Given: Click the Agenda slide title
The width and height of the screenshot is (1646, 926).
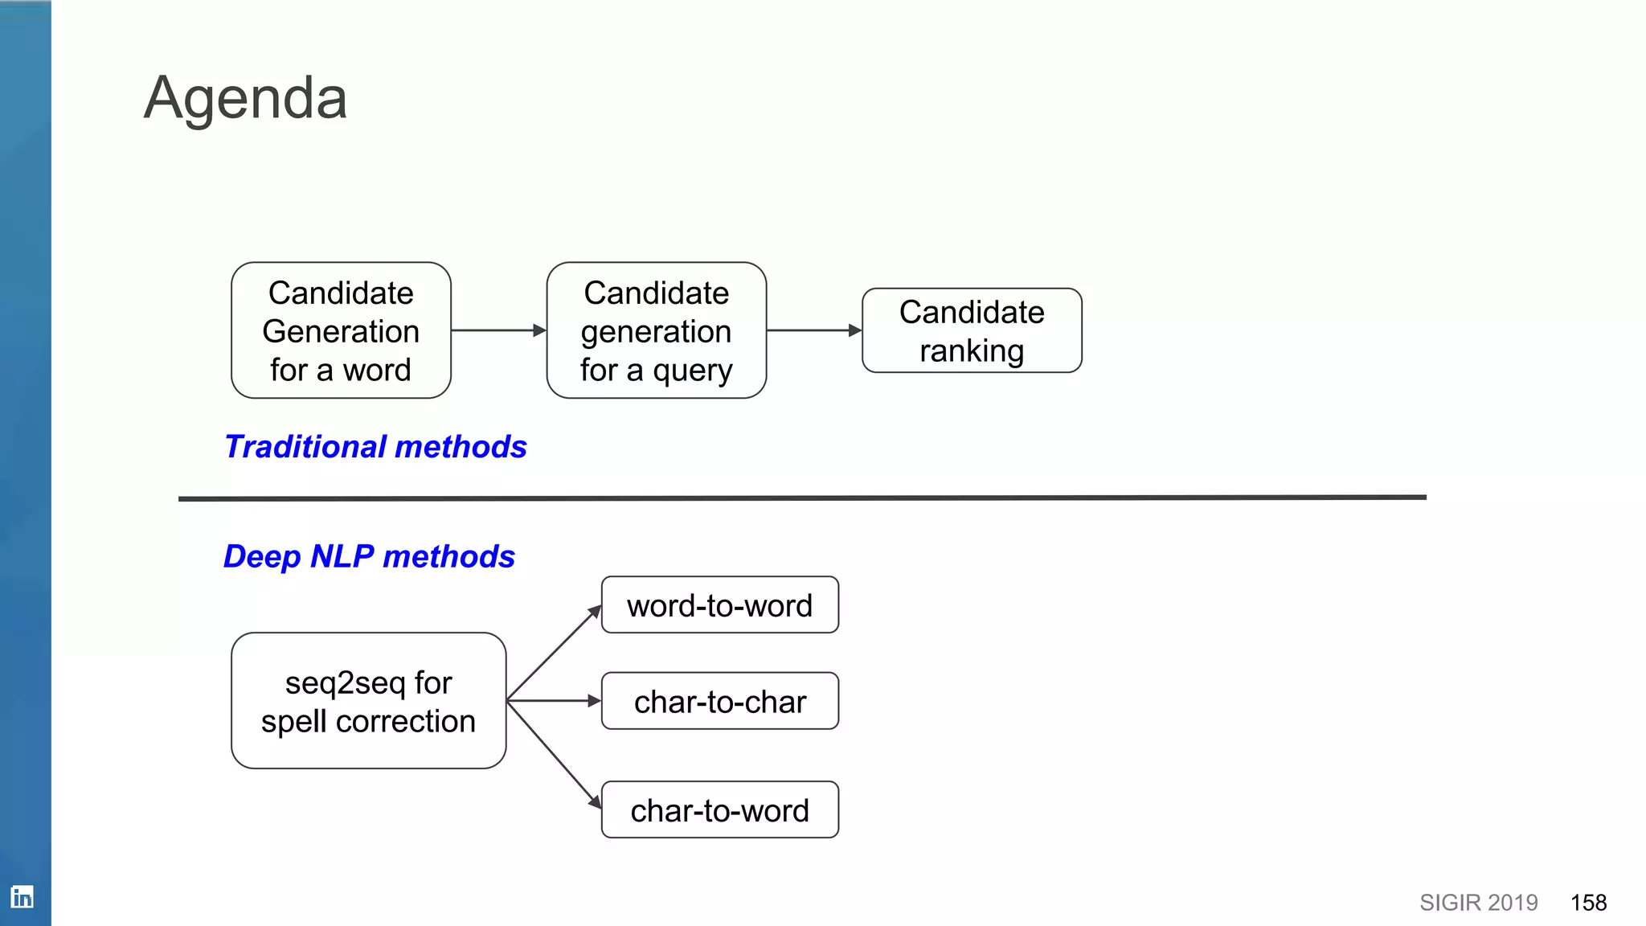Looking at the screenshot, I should (245, 98).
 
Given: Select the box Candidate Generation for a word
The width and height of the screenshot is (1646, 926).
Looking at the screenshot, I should (341, 330).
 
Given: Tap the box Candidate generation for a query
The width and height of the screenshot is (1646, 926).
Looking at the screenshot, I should (656, 330).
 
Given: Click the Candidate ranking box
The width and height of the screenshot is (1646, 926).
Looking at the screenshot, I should (972, 330).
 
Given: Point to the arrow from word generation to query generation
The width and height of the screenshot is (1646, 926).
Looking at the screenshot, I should (497, 330).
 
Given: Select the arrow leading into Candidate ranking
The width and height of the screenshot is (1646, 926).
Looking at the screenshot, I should (813, 330).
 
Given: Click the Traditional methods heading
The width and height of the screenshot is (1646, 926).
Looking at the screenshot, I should (375, 447).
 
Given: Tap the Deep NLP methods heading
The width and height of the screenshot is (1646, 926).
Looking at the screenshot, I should (369, 556).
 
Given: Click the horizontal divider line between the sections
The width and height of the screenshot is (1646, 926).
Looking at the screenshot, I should (802, 498).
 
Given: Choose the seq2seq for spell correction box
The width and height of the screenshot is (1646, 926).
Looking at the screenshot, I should (368, 701).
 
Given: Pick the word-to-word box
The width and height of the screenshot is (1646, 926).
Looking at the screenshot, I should (719, 605).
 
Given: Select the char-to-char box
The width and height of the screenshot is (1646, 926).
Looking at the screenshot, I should (719, 702).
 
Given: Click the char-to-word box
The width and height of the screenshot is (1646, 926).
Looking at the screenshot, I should (719, 810).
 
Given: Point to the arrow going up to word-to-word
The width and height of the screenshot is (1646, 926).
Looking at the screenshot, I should (555, 652).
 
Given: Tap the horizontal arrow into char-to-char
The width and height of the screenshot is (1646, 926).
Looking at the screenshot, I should (555, 701).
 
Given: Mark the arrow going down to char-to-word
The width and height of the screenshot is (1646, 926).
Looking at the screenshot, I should (555, 754).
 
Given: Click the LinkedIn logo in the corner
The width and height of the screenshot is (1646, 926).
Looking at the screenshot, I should (22, 896).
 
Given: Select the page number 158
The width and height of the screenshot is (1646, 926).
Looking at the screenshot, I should (1588, 903).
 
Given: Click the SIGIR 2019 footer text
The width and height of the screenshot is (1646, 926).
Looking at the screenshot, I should (1478, 903).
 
